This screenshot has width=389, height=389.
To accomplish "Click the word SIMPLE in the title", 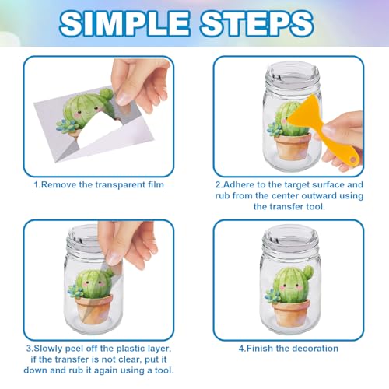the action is [x=124, y=23].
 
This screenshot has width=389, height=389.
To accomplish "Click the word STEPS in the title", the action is [x=257, y=23].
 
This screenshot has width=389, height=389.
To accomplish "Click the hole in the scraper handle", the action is [x=353, y=159].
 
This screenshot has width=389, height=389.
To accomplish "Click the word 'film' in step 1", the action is [x=156, y=184].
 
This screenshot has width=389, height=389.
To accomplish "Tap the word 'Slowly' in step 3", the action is [x=48, y=349].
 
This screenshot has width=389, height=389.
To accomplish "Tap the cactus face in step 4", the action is [x=290, y=286].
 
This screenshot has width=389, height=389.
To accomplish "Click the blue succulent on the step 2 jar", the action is [x=275, y=129].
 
